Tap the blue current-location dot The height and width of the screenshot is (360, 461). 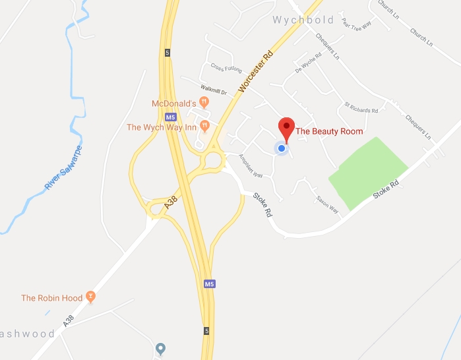282,148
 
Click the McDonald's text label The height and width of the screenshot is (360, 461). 174,104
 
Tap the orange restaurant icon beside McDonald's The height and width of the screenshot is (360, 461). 204,102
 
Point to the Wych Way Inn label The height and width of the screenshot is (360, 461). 162,127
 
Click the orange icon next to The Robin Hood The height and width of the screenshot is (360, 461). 91,297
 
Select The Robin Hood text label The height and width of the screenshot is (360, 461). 52,298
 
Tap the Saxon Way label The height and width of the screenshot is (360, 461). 327,204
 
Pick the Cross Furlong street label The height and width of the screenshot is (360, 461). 226,67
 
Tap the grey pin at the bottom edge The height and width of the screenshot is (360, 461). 160,348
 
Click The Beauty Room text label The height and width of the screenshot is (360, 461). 329,131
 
